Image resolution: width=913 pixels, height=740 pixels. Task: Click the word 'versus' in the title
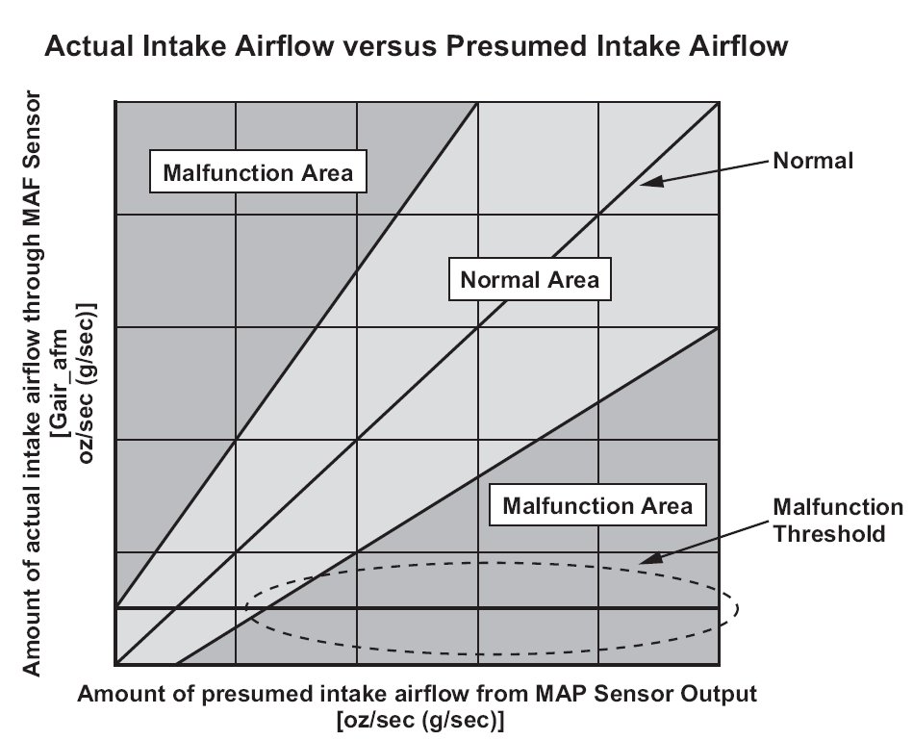pyautogui.click(x=389, y=46)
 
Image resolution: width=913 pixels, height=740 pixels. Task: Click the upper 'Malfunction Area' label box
pyautogui.click(x=258, y=171)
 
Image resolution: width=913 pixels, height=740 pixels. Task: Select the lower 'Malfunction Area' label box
pyautogui.click(x=597, y=505)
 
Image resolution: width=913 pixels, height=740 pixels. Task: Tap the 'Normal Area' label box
pyautogui.click(x=530, y=279)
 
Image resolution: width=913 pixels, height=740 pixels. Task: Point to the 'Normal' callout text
pyautogui.click(x=813, y=161)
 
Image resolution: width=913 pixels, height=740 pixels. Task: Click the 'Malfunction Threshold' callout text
pyautogui.click(x=837, y=520)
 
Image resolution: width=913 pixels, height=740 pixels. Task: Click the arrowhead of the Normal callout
pyautogui.click(x=651, y=182)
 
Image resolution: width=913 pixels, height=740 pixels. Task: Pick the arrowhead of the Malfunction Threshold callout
pyautogui.click(x=650, y=558)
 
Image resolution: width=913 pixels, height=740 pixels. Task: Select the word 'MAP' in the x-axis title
pyautogui.click(x=561, y=694)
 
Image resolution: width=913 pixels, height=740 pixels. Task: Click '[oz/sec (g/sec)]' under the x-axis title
pyautogui.click(x=419, y=721)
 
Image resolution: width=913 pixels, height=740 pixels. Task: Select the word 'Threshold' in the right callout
pyautogui.click(x=829, y=533)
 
